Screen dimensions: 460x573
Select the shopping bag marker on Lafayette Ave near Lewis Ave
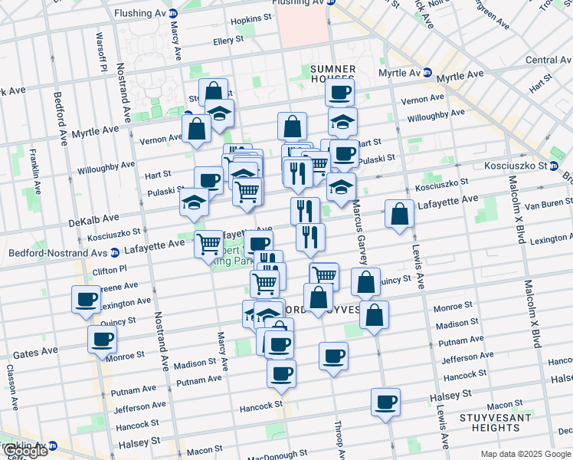click(399, 215)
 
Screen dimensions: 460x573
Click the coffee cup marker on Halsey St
click(385, 402)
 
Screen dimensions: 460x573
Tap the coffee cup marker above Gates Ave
click(102, 339)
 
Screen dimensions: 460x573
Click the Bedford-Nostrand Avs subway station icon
click(115, 251)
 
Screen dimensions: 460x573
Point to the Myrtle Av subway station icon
click(429, 73)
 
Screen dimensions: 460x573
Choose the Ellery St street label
click(228, 38)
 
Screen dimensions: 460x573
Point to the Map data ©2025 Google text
click(525, 454)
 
